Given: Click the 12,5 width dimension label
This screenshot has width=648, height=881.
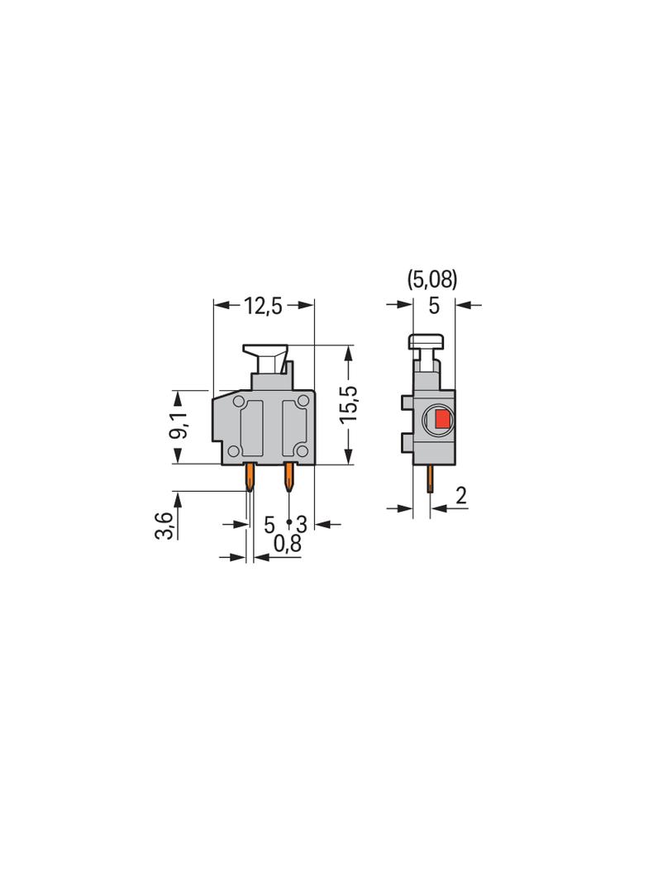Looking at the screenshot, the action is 263,306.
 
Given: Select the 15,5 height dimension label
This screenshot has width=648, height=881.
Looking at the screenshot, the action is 349,404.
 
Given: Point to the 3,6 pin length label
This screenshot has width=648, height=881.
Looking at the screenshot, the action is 164,525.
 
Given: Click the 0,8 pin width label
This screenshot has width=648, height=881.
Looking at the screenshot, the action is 287,544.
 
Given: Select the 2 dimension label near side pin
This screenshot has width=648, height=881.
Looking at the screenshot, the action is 461,496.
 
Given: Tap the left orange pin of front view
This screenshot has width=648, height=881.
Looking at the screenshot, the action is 250,477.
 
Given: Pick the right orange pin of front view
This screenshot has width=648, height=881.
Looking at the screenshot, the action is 289,477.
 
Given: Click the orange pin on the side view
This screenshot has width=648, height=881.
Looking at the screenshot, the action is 430,479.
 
